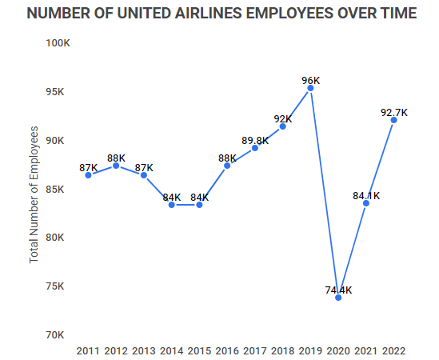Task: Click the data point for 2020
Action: click(338, 297)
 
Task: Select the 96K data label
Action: click(310, 81)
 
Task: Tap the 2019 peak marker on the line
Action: click(310, 88)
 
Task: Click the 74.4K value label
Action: click(338, 290)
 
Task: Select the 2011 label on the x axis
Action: click(88, 350)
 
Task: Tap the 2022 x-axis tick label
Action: click(393, 350)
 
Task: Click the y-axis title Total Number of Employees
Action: click(34, 194)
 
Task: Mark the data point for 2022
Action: click(393, 120)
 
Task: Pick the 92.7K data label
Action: click(393, 113)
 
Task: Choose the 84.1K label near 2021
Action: click(366, 195)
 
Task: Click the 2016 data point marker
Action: click(227, 166)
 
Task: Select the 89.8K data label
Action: click(254, 140)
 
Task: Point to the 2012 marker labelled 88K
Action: click(116, 166)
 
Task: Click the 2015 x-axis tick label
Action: click(199, 350)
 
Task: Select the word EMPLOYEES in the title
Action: click(309, 14)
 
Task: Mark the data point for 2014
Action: click(172, 205)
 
